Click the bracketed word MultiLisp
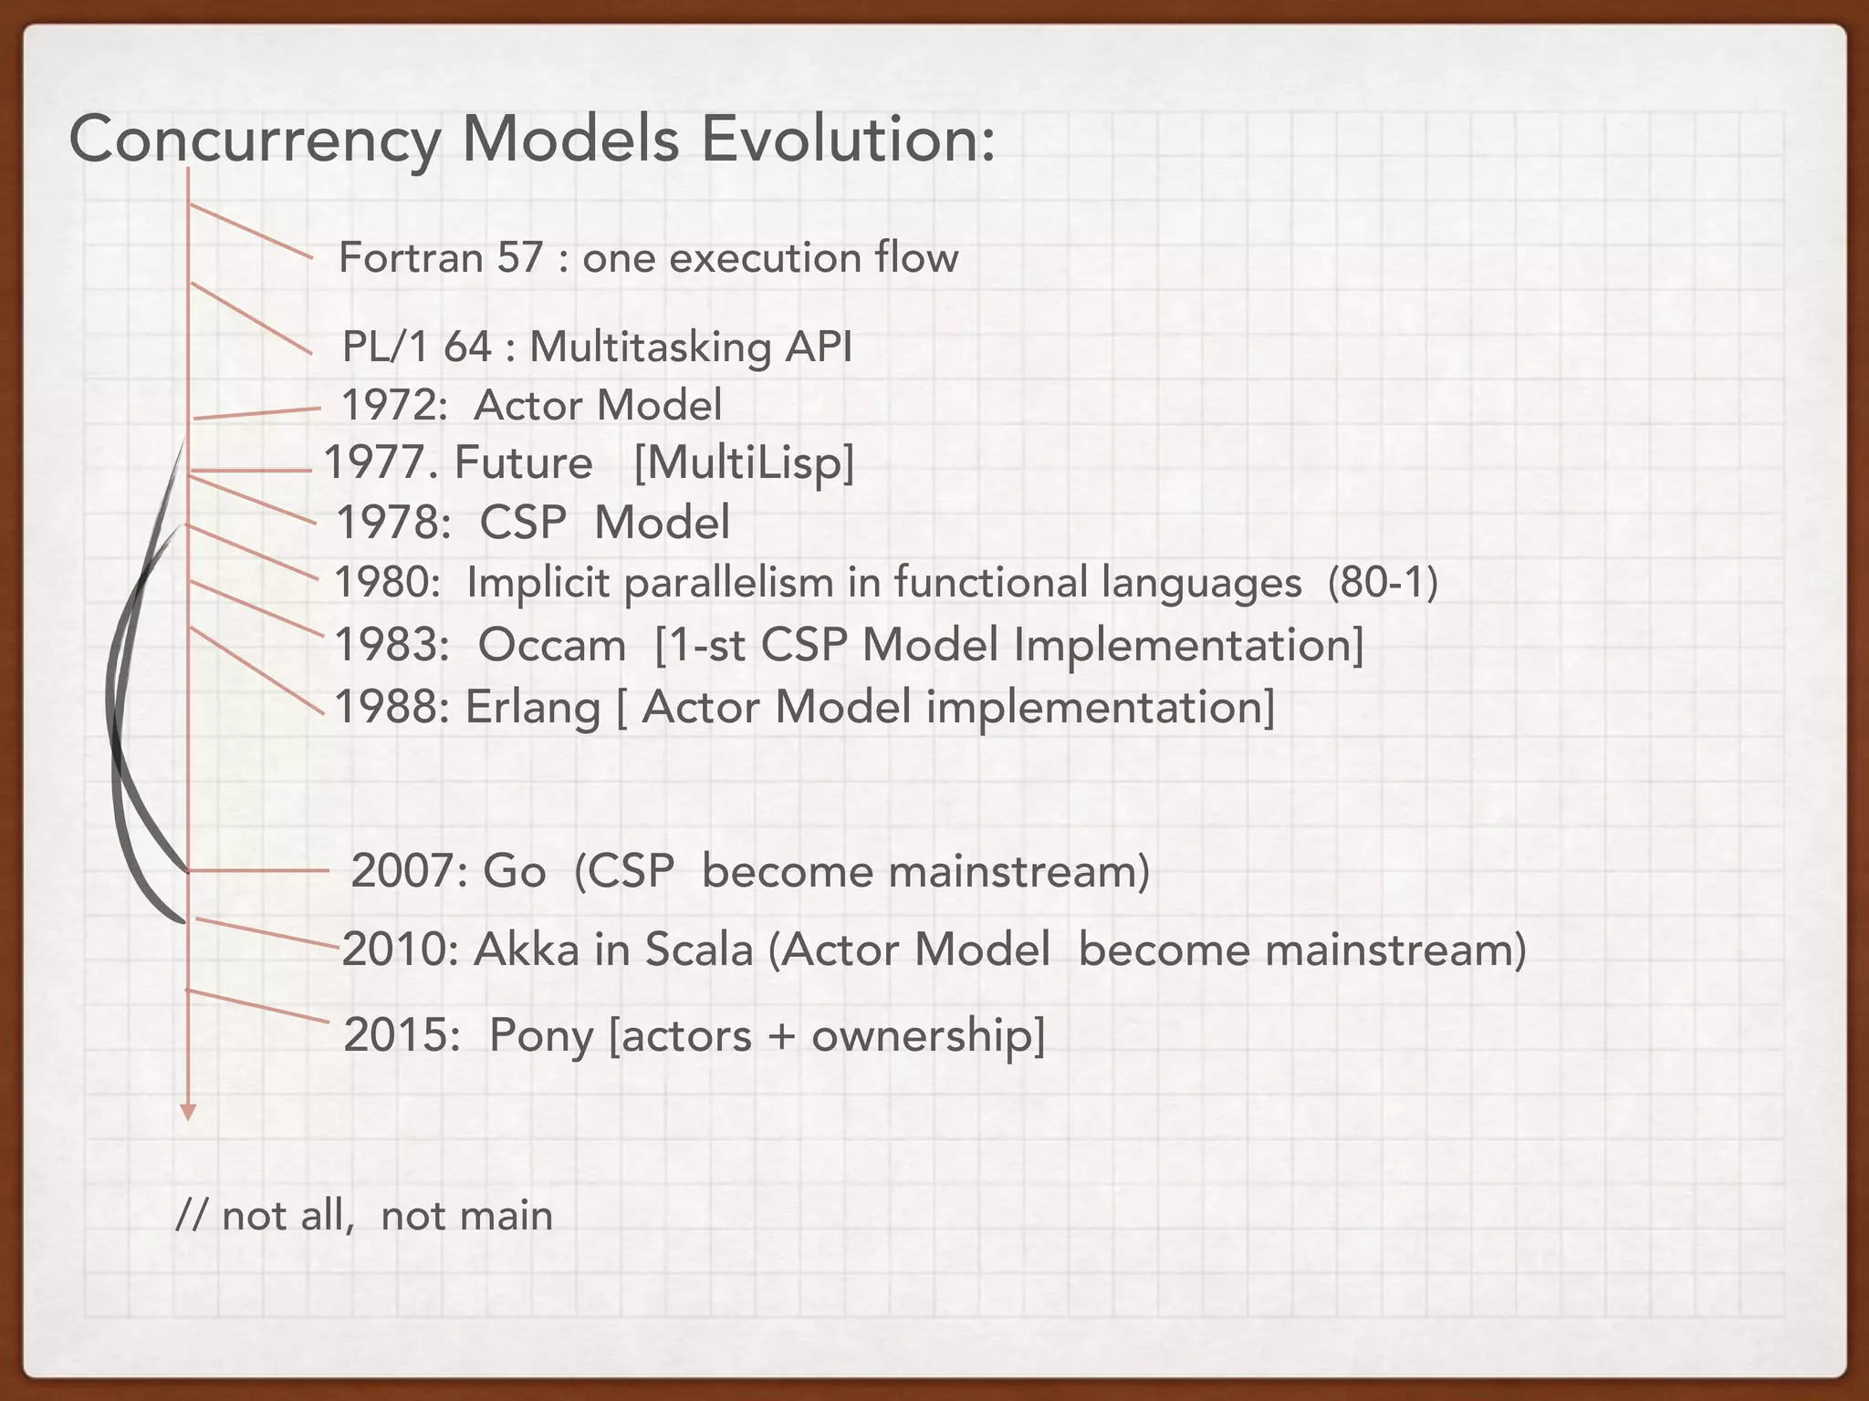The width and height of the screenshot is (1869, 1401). [744, 463]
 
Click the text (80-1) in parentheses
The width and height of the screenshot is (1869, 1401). [1383, 583]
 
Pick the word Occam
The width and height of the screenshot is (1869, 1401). [551, 646]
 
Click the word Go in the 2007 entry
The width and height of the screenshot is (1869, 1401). [514, 871]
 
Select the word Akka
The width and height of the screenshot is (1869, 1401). [527, 950]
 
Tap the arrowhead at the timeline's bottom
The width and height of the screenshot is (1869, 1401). [188, 1112]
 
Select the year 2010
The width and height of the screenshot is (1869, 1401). [399, 950]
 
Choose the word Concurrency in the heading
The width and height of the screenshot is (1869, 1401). [256, 141]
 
